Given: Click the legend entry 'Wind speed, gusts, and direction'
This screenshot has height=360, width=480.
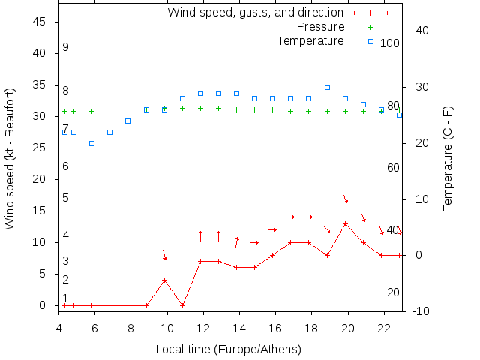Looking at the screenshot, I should pyautogui.click(x=255, y=13).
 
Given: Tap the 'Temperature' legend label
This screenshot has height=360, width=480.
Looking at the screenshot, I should pyautogui.click(x=310, y=41).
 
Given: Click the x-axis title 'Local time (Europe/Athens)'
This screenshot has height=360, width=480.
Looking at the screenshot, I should pyautogui.click(x=228, y=349).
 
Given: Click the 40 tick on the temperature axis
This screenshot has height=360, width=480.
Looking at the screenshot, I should pyautogui.click(x=421, y=31).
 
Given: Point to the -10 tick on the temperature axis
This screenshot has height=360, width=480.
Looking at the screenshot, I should pyautogui.click(x=420, y=310).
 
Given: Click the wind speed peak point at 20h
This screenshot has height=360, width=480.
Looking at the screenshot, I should pyautogui.click(x=345, y=223).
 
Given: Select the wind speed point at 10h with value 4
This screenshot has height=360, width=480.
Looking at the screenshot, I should pyautogui.click(x=164, y=280).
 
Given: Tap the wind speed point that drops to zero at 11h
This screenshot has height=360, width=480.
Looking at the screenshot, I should pyautogui.click(x=182, y=305).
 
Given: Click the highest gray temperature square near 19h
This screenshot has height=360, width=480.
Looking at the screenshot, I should pyautogui.click(x=327, y=87).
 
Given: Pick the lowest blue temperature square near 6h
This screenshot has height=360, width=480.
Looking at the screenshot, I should pyautogui.click(x=91, y=143).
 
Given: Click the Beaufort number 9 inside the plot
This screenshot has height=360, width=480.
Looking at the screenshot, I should pyautogui.click(x=66, y=47).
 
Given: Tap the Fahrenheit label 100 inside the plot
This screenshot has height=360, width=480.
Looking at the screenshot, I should pyautogui.click(x=390, y=43).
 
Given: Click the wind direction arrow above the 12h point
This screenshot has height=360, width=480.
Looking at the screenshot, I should pyautogui.click(x=200, y=235).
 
